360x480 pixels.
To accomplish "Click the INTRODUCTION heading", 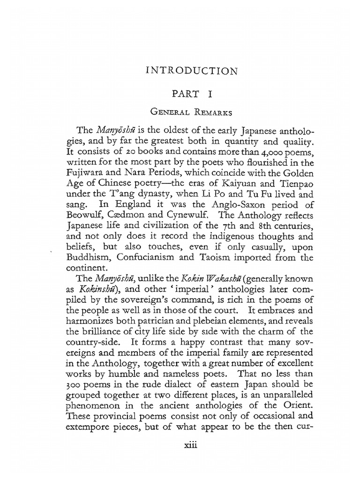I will pyautogui.click(x=192, y=72).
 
